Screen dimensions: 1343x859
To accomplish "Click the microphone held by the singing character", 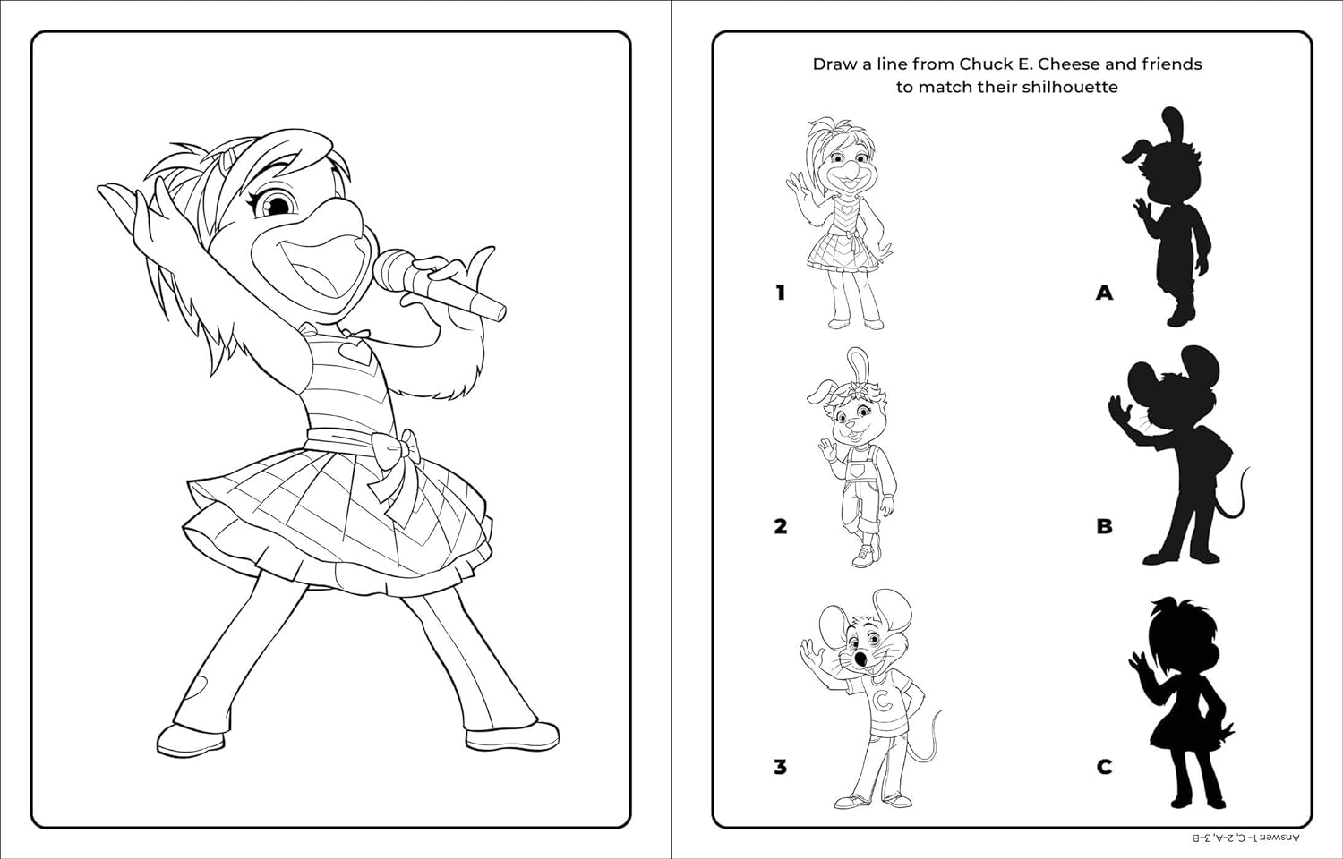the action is pos(438,285).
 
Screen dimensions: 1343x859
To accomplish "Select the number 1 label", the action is pos(780,293).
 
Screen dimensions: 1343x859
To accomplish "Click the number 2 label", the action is pos(780,526).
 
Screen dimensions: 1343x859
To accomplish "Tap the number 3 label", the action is pos(780,767).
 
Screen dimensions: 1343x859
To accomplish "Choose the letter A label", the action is pos(1104,293).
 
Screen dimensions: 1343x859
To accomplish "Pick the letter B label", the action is pos(1104,526).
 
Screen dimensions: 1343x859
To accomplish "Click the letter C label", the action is pos(1104,767).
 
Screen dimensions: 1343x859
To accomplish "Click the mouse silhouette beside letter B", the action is pos(1178,455).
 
